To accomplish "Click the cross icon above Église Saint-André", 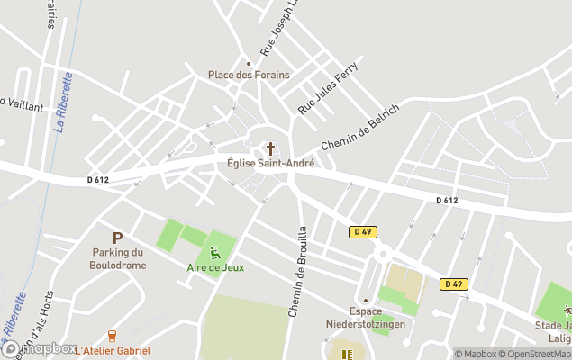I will point(270,148).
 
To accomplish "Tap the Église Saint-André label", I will point(270,163).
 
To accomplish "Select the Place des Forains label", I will point(249,75).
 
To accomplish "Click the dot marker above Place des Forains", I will point(249,63).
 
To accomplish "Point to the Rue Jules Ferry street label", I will point(328,88).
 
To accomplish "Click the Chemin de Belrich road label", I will point(360,127).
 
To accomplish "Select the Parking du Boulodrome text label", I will point(117,259).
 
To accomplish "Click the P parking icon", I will point(117,238).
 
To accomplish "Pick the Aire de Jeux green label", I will point(215,267).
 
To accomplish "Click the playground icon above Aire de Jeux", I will point(215,252).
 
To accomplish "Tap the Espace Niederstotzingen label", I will point(365,318).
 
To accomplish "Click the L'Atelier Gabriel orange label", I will point(113,350).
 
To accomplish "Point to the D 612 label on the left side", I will point(98,180).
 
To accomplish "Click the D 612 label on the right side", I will point(447,201).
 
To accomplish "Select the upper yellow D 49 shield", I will point(362,232).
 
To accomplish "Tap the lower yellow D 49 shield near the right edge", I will point(454,284).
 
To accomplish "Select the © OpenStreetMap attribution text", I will point(534,354).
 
